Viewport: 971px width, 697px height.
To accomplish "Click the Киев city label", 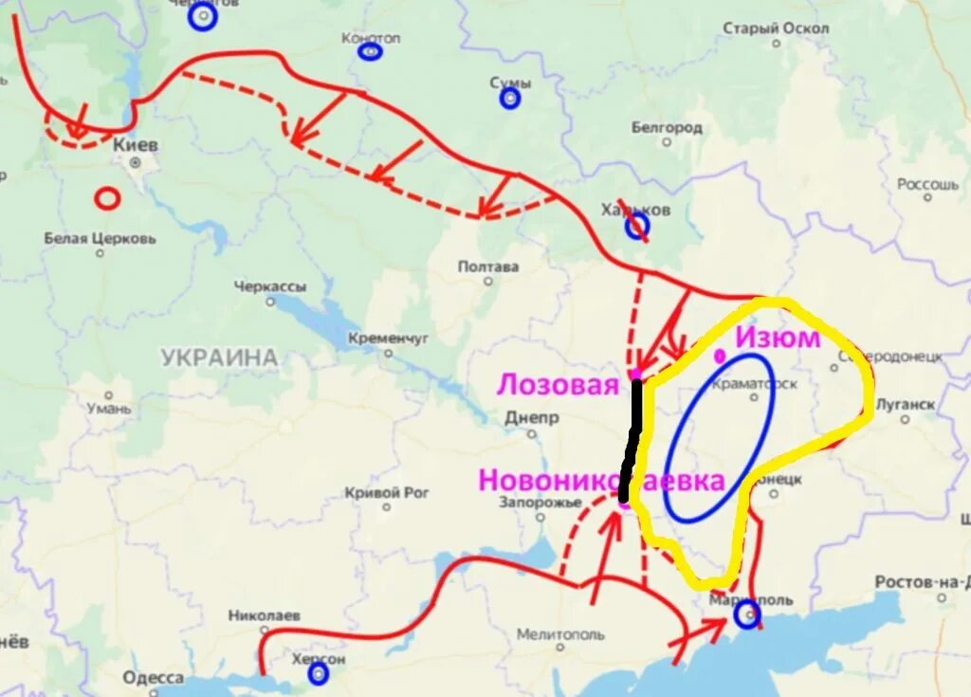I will coord(136,145).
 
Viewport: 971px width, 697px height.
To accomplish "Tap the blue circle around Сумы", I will coord(510,98).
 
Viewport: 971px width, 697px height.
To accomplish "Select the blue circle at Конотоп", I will coord(370,51).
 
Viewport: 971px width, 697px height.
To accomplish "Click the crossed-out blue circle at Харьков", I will coord(636,225).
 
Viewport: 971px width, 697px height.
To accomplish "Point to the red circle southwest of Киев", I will coord(107,198).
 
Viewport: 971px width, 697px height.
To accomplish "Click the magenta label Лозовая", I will coord(559,385).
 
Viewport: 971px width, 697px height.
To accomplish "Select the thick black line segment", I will coord(632,440).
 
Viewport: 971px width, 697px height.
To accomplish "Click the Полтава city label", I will coord(488,266).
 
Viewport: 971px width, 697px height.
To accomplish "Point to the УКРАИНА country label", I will coord(219,358).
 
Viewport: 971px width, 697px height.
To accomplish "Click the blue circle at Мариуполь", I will coord(747,615).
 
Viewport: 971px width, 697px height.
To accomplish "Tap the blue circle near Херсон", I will coord(318,673).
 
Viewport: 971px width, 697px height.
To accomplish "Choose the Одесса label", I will coord(153,677).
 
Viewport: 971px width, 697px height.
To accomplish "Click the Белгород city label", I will coord(667,127).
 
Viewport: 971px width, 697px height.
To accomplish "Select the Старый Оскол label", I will coord(776,28).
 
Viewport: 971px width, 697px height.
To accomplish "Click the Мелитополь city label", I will coord(561,633).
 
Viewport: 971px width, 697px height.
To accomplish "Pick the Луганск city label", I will coord(906,405).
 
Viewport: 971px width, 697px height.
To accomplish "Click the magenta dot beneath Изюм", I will coord(721,357).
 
